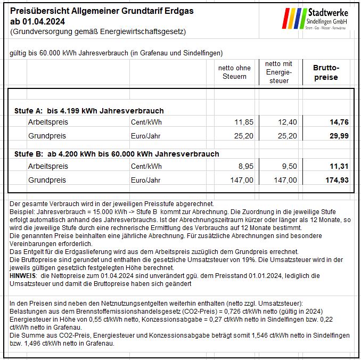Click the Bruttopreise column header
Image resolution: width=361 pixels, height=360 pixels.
(326, 72)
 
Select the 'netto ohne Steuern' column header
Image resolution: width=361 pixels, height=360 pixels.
(234, 72)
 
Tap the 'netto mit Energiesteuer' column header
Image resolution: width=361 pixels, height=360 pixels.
(278, 72)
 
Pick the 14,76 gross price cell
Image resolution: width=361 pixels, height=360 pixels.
(339, 122)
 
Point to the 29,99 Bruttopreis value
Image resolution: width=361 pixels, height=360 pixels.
(339, 136)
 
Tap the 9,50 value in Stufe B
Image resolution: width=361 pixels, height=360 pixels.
(289, 166)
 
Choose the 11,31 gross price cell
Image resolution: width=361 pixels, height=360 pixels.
(339, 166)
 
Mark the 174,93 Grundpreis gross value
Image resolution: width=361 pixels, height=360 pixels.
(337, 180)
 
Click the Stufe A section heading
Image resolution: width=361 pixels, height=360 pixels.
(89, 111)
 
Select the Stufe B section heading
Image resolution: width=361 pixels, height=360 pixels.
(117, 154)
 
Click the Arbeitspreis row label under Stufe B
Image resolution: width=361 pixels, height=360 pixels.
(48, 166)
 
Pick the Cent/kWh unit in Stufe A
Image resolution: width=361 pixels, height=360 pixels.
(146, 122)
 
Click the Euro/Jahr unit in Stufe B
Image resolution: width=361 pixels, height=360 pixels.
(146, 180)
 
